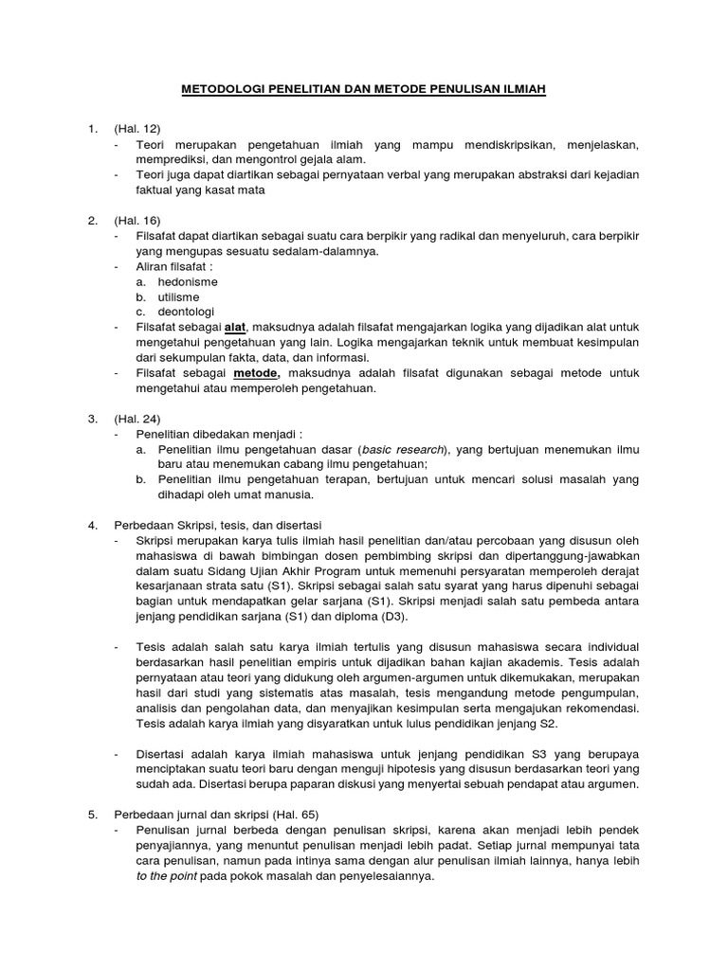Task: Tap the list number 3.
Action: pyautogui.click(x=92, y=418)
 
